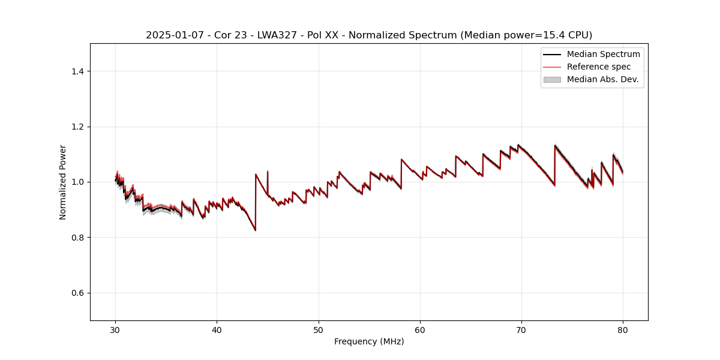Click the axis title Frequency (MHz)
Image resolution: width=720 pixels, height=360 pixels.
(369, 341)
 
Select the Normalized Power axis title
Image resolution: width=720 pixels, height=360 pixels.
(63, 182)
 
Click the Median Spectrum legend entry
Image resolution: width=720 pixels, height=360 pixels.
(603, 55)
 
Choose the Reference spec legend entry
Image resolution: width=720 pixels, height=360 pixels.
(598, 67)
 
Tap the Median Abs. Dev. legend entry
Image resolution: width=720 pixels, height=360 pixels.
(602, 79)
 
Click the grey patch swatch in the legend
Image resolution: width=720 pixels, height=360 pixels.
(552, 79)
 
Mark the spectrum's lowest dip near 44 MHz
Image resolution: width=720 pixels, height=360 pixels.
(255, 230)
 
